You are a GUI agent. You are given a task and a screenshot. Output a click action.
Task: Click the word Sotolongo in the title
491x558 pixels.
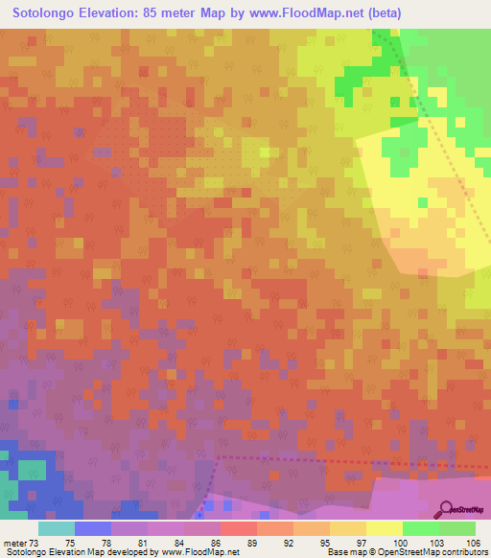coord(48,12)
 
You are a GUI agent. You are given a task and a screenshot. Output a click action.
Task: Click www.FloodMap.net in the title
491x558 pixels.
coord(303,12)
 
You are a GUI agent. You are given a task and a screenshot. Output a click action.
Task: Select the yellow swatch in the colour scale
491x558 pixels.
coord(384,527)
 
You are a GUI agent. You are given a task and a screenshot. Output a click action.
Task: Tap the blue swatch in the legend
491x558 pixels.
coord(92,527)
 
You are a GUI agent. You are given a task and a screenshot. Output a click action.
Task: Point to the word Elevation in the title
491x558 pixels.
coord(111,12)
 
